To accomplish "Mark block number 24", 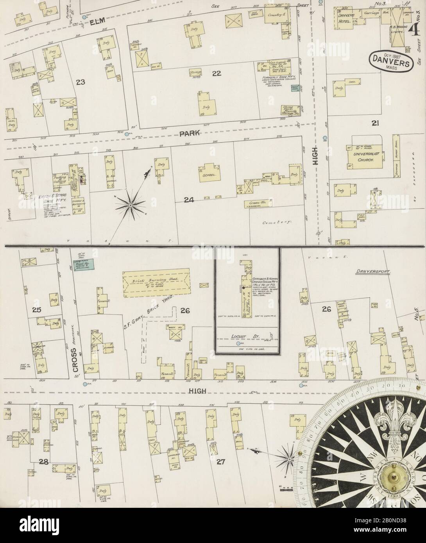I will [x=189, y=200].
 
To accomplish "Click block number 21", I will [x=376, y=123].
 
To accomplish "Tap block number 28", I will [x=43, y=462].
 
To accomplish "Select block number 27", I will [x=221, y=462].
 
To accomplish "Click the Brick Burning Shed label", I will [x=156, y=280].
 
